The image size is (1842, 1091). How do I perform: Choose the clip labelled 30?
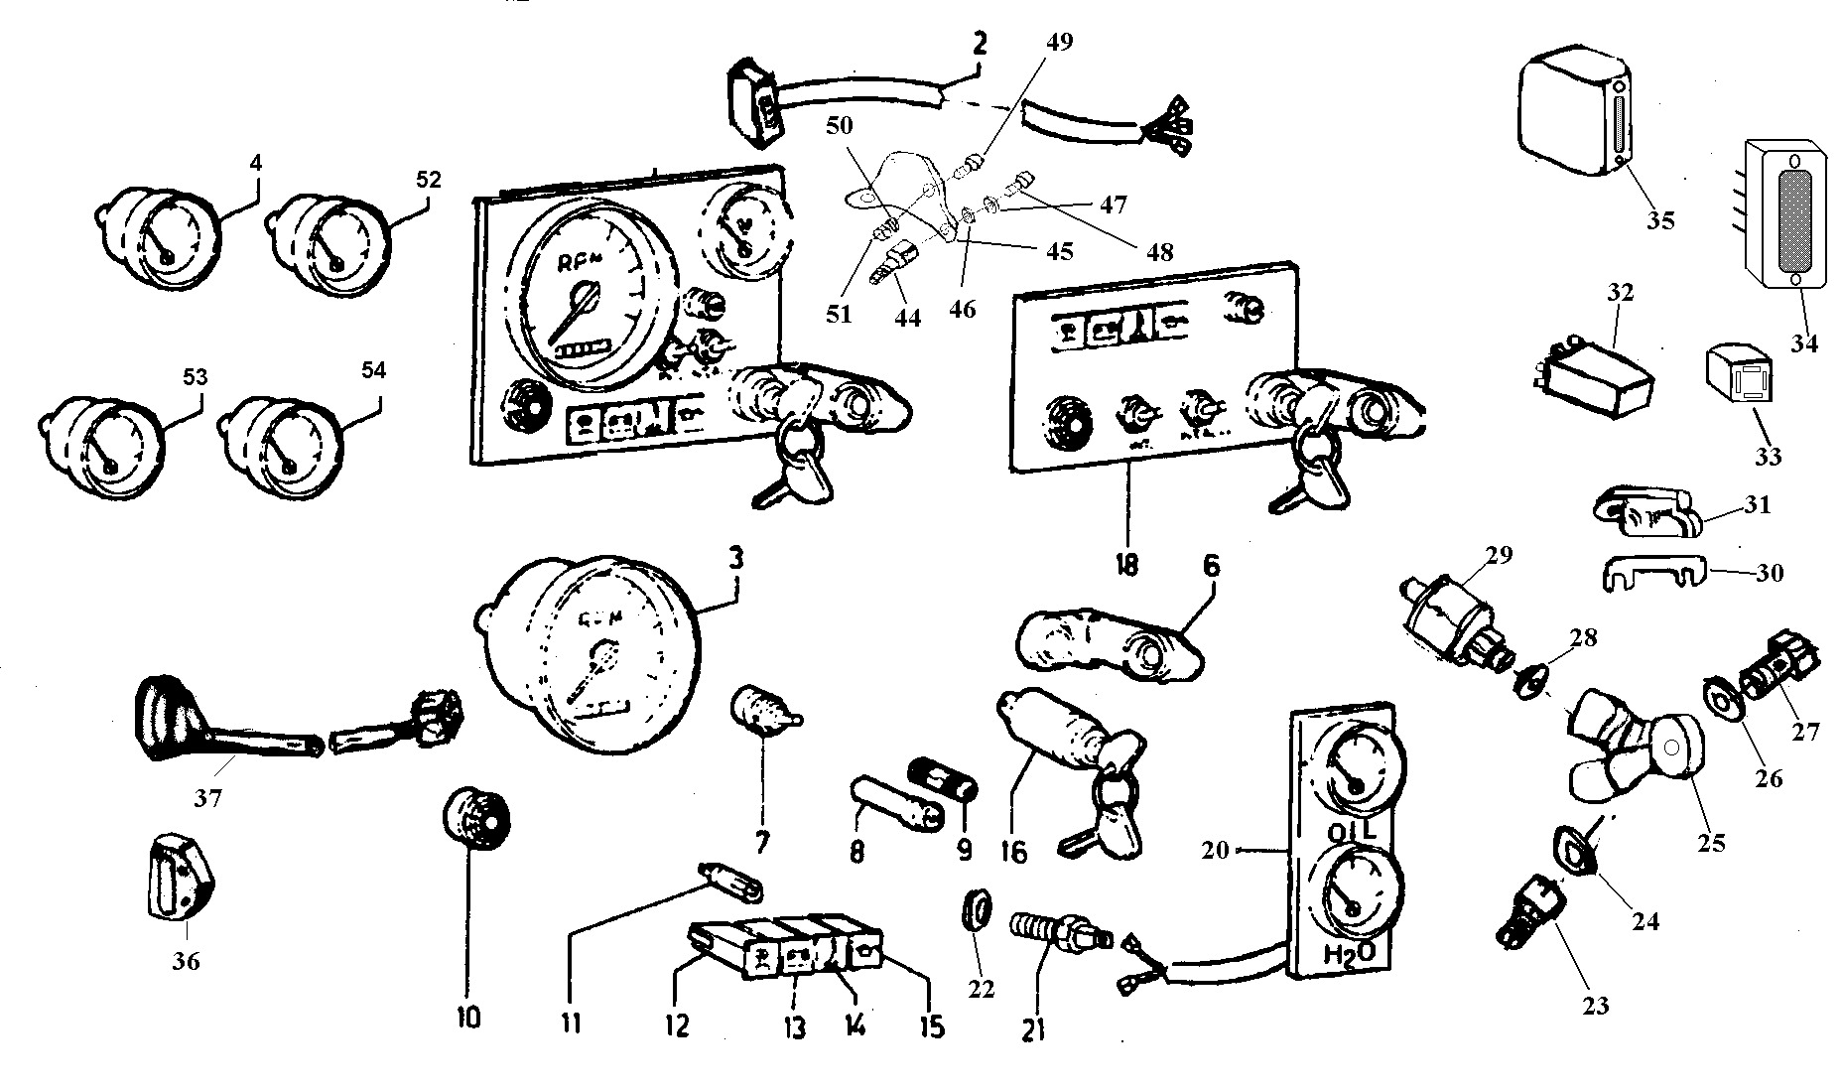point(1652,573)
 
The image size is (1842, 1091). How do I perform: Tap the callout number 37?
point(207,797)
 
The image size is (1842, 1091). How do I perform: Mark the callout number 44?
point(907,318)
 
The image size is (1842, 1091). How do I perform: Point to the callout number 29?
point(1499,554)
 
